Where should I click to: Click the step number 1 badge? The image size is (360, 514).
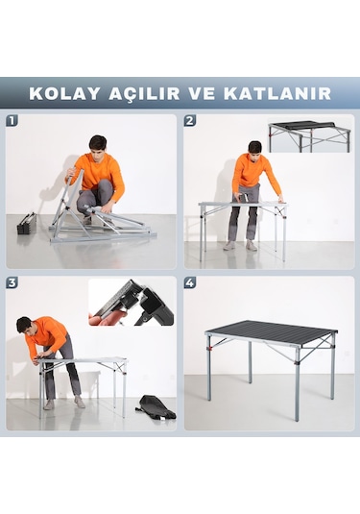[x=12, y=121]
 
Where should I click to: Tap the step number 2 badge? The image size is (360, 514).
[x=190, y=121]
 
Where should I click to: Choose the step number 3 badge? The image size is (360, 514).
[x=12, y=282]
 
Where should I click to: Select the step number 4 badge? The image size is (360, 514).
[x=190, y=282]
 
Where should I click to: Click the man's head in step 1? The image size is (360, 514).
[x=97, y=144]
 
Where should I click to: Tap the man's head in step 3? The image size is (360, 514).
[x=24, y=325]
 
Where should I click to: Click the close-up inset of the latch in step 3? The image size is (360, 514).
[x=132, y=303]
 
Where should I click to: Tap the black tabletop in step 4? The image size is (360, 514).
[x=272, y=332]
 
